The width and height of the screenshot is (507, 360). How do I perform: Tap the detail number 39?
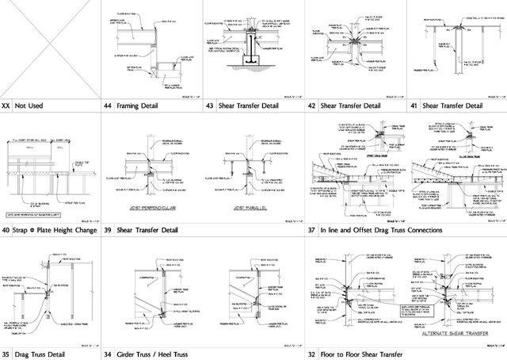tap(108, 230)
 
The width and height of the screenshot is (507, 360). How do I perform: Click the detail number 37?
tap(311, 230)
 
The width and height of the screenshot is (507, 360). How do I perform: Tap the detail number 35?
tap(6, 354)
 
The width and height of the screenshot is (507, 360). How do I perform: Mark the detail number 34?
tap(108, 354)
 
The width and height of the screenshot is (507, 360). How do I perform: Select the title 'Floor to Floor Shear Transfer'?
tap(360, 354)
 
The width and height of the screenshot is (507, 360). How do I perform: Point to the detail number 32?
tap(311, 354)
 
